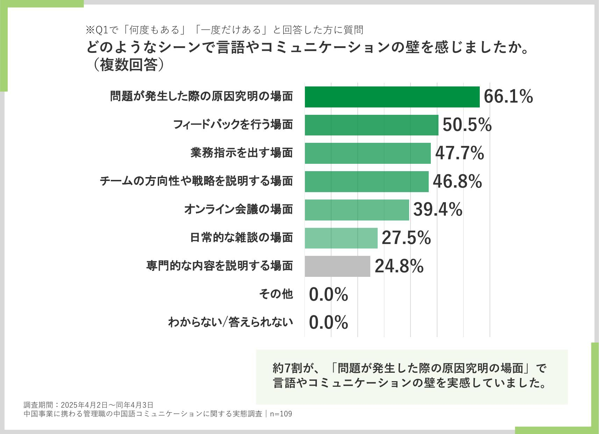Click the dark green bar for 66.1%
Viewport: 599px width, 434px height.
pyautogui.click(x=392, y=97)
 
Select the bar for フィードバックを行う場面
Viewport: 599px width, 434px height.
pyautogui.click(x=371, y=125)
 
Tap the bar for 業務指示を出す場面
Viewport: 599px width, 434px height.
pyautogui.click(x=368, y=153)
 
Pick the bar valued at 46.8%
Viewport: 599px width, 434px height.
pyautogui.click(x=366, y=182)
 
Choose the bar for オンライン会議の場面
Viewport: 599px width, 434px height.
pyautogui.click(x=357, y=210)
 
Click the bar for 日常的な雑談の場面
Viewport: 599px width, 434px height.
pyautogui.click(x=341, y=238)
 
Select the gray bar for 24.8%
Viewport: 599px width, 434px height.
pyautogui.click(x=337, y=266)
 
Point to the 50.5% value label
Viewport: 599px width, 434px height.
pyautogui.click(x=467, y=125)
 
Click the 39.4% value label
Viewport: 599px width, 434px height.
pyautogui.click(x=438, y=209)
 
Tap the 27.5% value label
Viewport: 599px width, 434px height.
pyautogui.click(x=406, y=238)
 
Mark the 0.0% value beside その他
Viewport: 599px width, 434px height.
pyautogui.click(x=328, y=294)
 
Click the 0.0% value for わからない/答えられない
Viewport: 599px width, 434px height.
pyautogui.click(x=328, y=322)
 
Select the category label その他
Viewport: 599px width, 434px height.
pyautogui.click(x=276, y=294)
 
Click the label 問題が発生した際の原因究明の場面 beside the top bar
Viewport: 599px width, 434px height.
pyautogui.click(x=202, y=96)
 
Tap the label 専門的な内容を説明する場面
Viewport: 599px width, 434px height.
pyautogui.click(x=220, y=266)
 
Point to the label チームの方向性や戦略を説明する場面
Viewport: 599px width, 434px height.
pyautogui.click(x=196, y=181)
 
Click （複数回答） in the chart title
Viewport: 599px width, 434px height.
pyautogui.click(x=128, y=65)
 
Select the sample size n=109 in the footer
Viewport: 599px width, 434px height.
pyautogui.click(x=281, y=414)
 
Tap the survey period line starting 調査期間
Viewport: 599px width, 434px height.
pyautogui.click(x=88, y=405)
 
